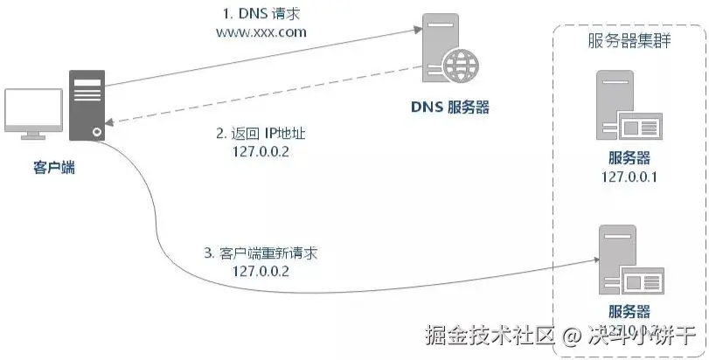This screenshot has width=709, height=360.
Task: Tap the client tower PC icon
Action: pyautogui.click(x=88, y=105)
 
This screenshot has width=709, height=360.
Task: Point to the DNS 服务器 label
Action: pyautogui.click(x=449, y=107)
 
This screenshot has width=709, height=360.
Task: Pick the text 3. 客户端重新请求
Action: pyautogui.click(x=260, y=253)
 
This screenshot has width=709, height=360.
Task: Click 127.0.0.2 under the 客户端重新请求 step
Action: pyautogui.click(x=261, y=271)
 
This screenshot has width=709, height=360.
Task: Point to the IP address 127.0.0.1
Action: pyautogui.click(x=629, y=177)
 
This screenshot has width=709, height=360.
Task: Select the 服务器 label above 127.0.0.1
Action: pyautogui.click(x=629, y=158)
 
